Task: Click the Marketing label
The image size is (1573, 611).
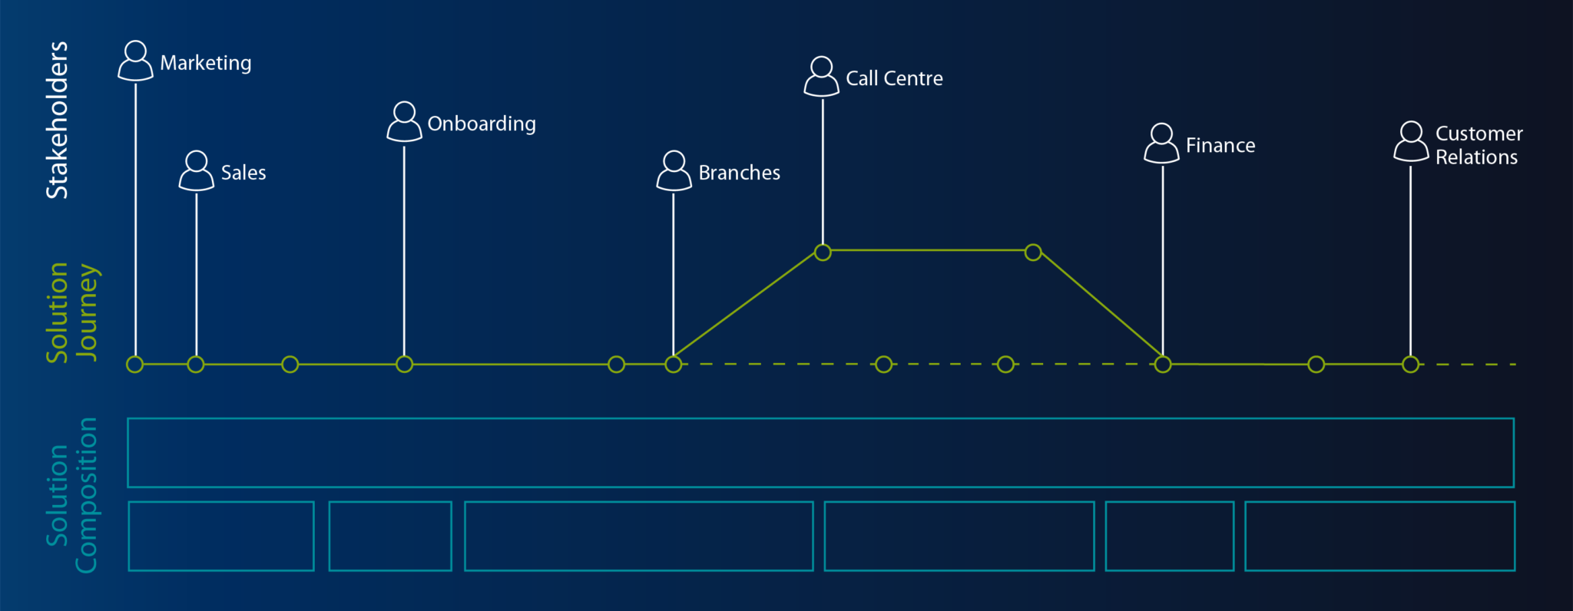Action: [x=205, y=63]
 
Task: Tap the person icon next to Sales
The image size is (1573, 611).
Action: [x=197, y=170]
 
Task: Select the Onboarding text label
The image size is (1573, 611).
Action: [x=482, y=124]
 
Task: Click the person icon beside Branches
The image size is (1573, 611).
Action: [x=674, y=170]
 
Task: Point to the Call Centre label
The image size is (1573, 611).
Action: [x=894, y=78]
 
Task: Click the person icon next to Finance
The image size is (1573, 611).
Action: [x=1161, y=144]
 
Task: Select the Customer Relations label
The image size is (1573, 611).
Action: [x=1478, y=145]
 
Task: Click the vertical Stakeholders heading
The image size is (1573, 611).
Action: [x=58, y=121]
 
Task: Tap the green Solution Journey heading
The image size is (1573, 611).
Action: [x=71, y=312]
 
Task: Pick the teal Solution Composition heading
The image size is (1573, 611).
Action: [x=71, y=495]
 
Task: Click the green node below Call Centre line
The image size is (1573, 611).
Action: [x=823, y=252]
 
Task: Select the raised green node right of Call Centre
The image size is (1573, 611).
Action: [x=1033, y=252]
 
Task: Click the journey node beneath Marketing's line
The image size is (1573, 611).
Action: [x=135, y=365]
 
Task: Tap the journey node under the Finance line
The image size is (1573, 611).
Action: [x=1163, y=365]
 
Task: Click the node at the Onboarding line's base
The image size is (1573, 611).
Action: [x=404, y=365]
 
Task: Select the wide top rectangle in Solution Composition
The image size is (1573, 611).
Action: [x=820, y=453]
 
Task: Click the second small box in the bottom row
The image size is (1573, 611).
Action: [x=390, y=536]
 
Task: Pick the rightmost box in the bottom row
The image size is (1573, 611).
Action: [x=1379, y=536]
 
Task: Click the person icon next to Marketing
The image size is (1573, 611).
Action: [x=136, y=61]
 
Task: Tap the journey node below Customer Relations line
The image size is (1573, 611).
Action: [x=1410, y=365]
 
